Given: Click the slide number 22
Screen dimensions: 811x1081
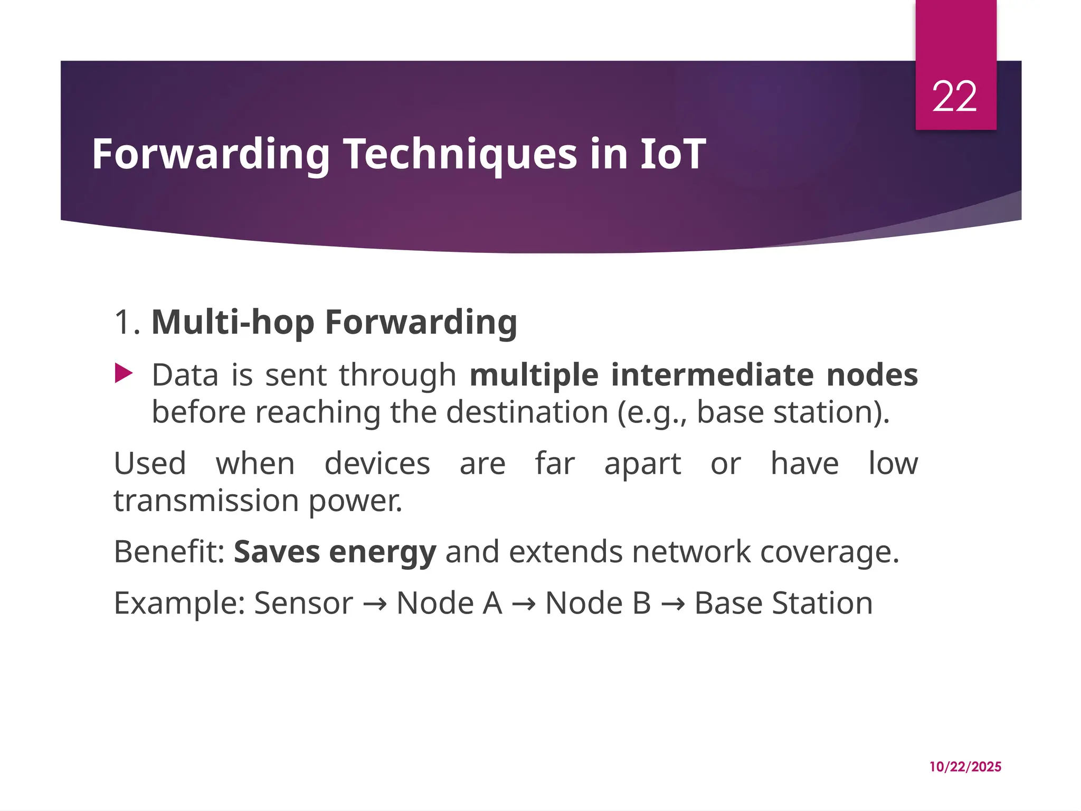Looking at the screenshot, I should [954, 97].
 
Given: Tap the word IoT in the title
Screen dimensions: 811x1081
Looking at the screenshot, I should [672, 154].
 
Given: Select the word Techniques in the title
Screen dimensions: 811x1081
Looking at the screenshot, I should [461, 154].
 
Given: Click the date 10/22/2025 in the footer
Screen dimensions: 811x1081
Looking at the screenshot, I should [965, 767].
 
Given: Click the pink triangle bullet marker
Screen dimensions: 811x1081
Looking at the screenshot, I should [123, 374].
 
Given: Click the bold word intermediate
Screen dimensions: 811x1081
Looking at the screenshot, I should [712, 375].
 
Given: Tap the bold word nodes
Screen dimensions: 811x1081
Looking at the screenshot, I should [872, 375].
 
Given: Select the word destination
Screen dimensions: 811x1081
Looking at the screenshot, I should [527, 412].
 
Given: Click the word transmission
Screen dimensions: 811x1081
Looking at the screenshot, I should [206, 501].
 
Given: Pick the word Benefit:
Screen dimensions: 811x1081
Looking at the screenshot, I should [169, 552].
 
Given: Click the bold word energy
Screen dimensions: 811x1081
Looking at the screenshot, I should [382, 553].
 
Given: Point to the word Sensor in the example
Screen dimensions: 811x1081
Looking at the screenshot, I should [304, 603].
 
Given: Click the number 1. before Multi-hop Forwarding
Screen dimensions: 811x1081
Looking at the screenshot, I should [127, 323].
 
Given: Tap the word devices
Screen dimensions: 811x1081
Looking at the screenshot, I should [377, 464].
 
